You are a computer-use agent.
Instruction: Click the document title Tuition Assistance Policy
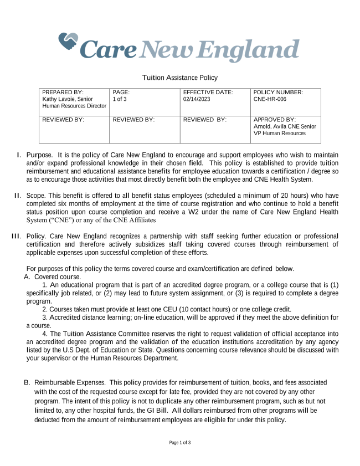[x=180, y=78]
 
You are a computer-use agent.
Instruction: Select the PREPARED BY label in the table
[x=63, y=92]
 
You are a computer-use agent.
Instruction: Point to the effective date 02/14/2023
[x=198, y=99]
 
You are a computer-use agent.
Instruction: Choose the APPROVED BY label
[x=275, y=119]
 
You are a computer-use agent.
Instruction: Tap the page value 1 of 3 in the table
[x=120, y=99]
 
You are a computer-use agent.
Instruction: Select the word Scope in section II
[x=36, y=196]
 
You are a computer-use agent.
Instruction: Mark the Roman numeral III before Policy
[x=17, y=237]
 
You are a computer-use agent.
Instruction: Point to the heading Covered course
[x=58, y=276]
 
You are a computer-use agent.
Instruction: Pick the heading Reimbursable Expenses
[x=69, y=383]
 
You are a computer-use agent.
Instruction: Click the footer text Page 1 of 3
[x=180, y=443]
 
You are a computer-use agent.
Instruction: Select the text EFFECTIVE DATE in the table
[x=208, y=92]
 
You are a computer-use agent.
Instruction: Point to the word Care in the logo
[x=109, y=50]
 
